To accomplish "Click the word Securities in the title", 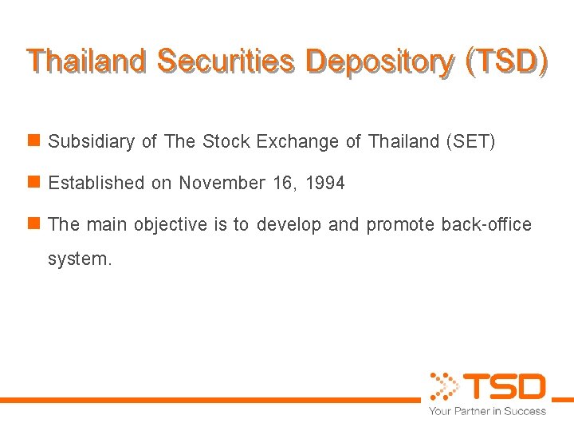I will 226,62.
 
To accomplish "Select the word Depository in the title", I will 379,62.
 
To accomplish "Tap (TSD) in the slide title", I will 508,62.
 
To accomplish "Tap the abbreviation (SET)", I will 470,142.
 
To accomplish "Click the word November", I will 222,184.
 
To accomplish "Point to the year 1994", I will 325,184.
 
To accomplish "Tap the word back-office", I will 488,225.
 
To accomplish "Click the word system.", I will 80,259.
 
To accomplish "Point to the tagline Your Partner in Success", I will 487,411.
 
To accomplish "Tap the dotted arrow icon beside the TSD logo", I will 443,386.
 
